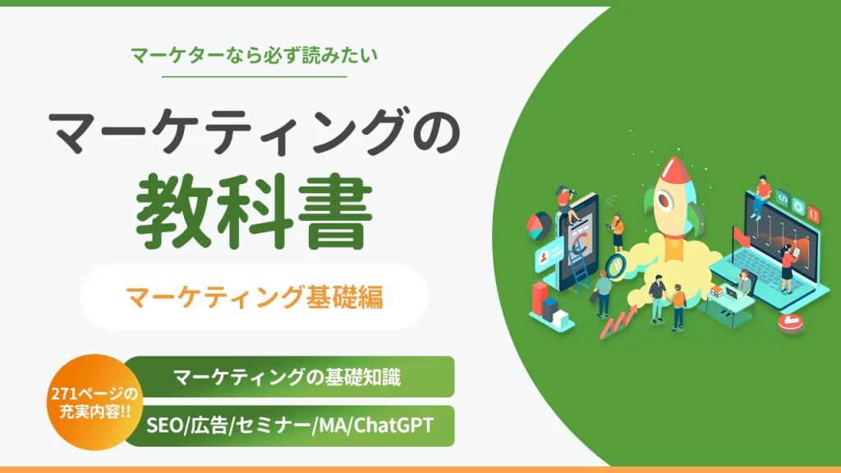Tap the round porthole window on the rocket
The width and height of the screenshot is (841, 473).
[x=665, y=200]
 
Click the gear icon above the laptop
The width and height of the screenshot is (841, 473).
[x=798, y=206]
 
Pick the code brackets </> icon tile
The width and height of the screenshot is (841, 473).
[x=783, y=199]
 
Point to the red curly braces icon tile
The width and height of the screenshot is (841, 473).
[x=814, y=214]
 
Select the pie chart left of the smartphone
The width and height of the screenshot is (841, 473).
[x=538, y=225]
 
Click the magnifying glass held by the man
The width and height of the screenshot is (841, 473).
[x=615, y=266]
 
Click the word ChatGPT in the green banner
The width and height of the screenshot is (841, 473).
[x=393, y=425]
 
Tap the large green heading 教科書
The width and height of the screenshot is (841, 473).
[x=254, y=211]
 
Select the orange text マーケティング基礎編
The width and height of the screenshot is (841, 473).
[x=255, y=297]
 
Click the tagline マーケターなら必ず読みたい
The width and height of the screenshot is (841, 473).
[x=254, y=55]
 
